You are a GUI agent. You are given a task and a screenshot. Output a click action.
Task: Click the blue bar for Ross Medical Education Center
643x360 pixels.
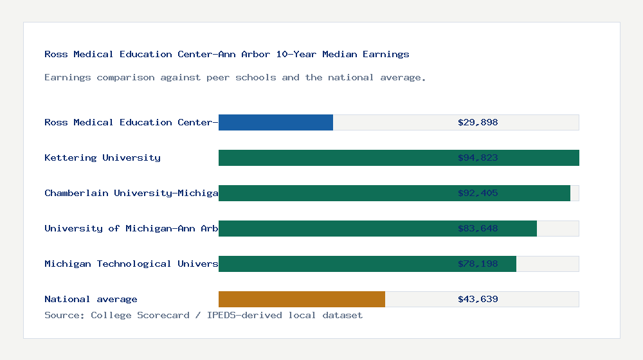pyautogui.click(x=276, y=122)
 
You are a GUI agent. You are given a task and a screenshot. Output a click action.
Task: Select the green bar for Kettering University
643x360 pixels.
pyautogui.click(x=399, y=157)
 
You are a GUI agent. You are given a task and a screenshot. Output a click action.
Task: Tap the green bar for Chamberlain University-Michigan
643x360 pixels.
pyautogui.click(x=394, y=193)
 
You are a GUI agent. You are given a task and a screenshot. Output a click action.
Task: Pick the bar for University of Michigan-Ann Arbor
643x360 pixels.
pyautogui.click(x=377, y=228)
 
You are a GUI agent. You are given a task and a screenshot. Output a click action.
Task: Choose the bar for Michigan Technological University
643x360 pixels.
pyautogui.click(x=367, y=264)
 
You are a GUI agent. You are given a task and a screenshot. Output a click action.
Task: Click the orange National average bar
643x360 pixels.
pyautogui.click(x=302, y=299)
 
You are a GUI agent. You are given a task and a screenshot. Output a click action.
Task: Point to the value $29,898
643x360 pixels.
pyautogui.click(x=478, y=122)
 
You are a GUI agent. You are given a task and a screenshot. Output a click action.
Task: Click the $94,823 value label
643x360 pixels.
pyautogui.click(x=478, y=157)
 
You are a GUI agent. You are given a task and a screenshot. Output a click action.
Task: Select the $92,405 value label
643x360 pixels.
pyautogui.click(x=478, y=193)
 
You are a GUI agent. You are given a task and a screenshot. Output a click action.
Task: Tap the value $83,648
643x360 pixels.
pyautogui.click(x=478, y=228)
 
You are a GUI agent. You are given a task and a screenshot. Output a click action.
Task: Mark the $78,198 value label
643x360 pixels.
pyautogui.click(x=478, y=264)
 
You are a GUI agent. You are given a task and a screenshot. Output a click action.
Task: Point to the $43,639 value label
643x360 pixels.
pyautogui.click(x=478, y=299)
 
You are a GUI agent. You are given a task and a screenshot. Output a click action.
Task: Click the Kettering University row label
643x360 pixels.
pyautogui.click(x=102, y=157)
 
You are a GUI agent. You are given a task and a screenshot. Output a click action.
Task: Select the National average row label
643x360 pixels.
pyautogui.click(x=91, y=299)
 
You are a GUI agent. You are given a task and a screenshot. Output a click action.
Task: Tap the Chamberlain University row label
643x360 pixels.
pyautogui.click(x=131, y=193)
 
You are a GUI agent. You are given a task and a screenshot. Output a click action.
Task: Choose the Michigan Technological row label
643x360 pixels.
pyautogui.click(x=131, y=264)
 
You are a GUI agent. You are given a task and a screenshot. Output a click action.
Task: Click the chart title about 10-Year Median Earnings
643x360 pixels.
pyautogui.click(x=226, y=54)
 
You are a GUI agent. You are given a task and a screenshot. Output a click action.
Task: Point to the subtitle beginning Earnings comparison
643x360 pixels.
pyautogui.click(x=235, y=77)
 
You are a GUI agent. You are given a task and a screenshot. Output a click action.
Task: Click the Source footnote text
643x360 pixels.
pyautogui.click(x=203, y=315)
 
